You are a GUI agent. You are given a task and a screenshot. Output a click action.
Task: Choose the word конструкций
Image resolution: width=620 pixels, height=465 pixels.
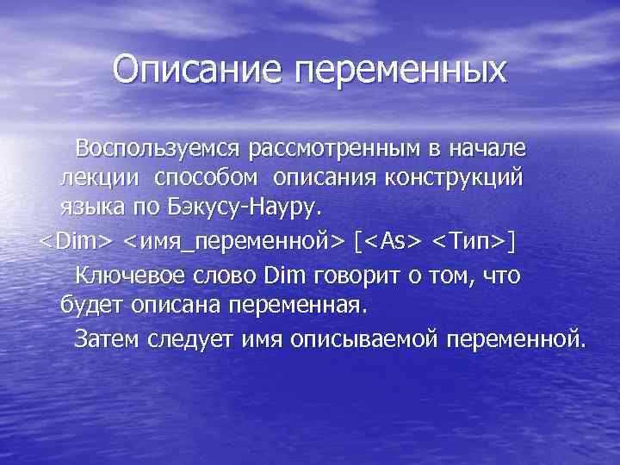pyautogui.click(x=462, y=178)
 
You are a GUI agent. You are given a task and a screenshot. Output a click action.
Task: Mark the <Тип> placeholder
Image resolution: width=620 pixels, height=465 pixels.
pyautogui.click(x=472, y=242)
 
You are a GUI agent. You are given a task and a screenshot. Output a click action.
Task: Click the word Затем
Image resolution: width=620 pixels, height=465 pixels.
pyautogui.click(x=104, y=338)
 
